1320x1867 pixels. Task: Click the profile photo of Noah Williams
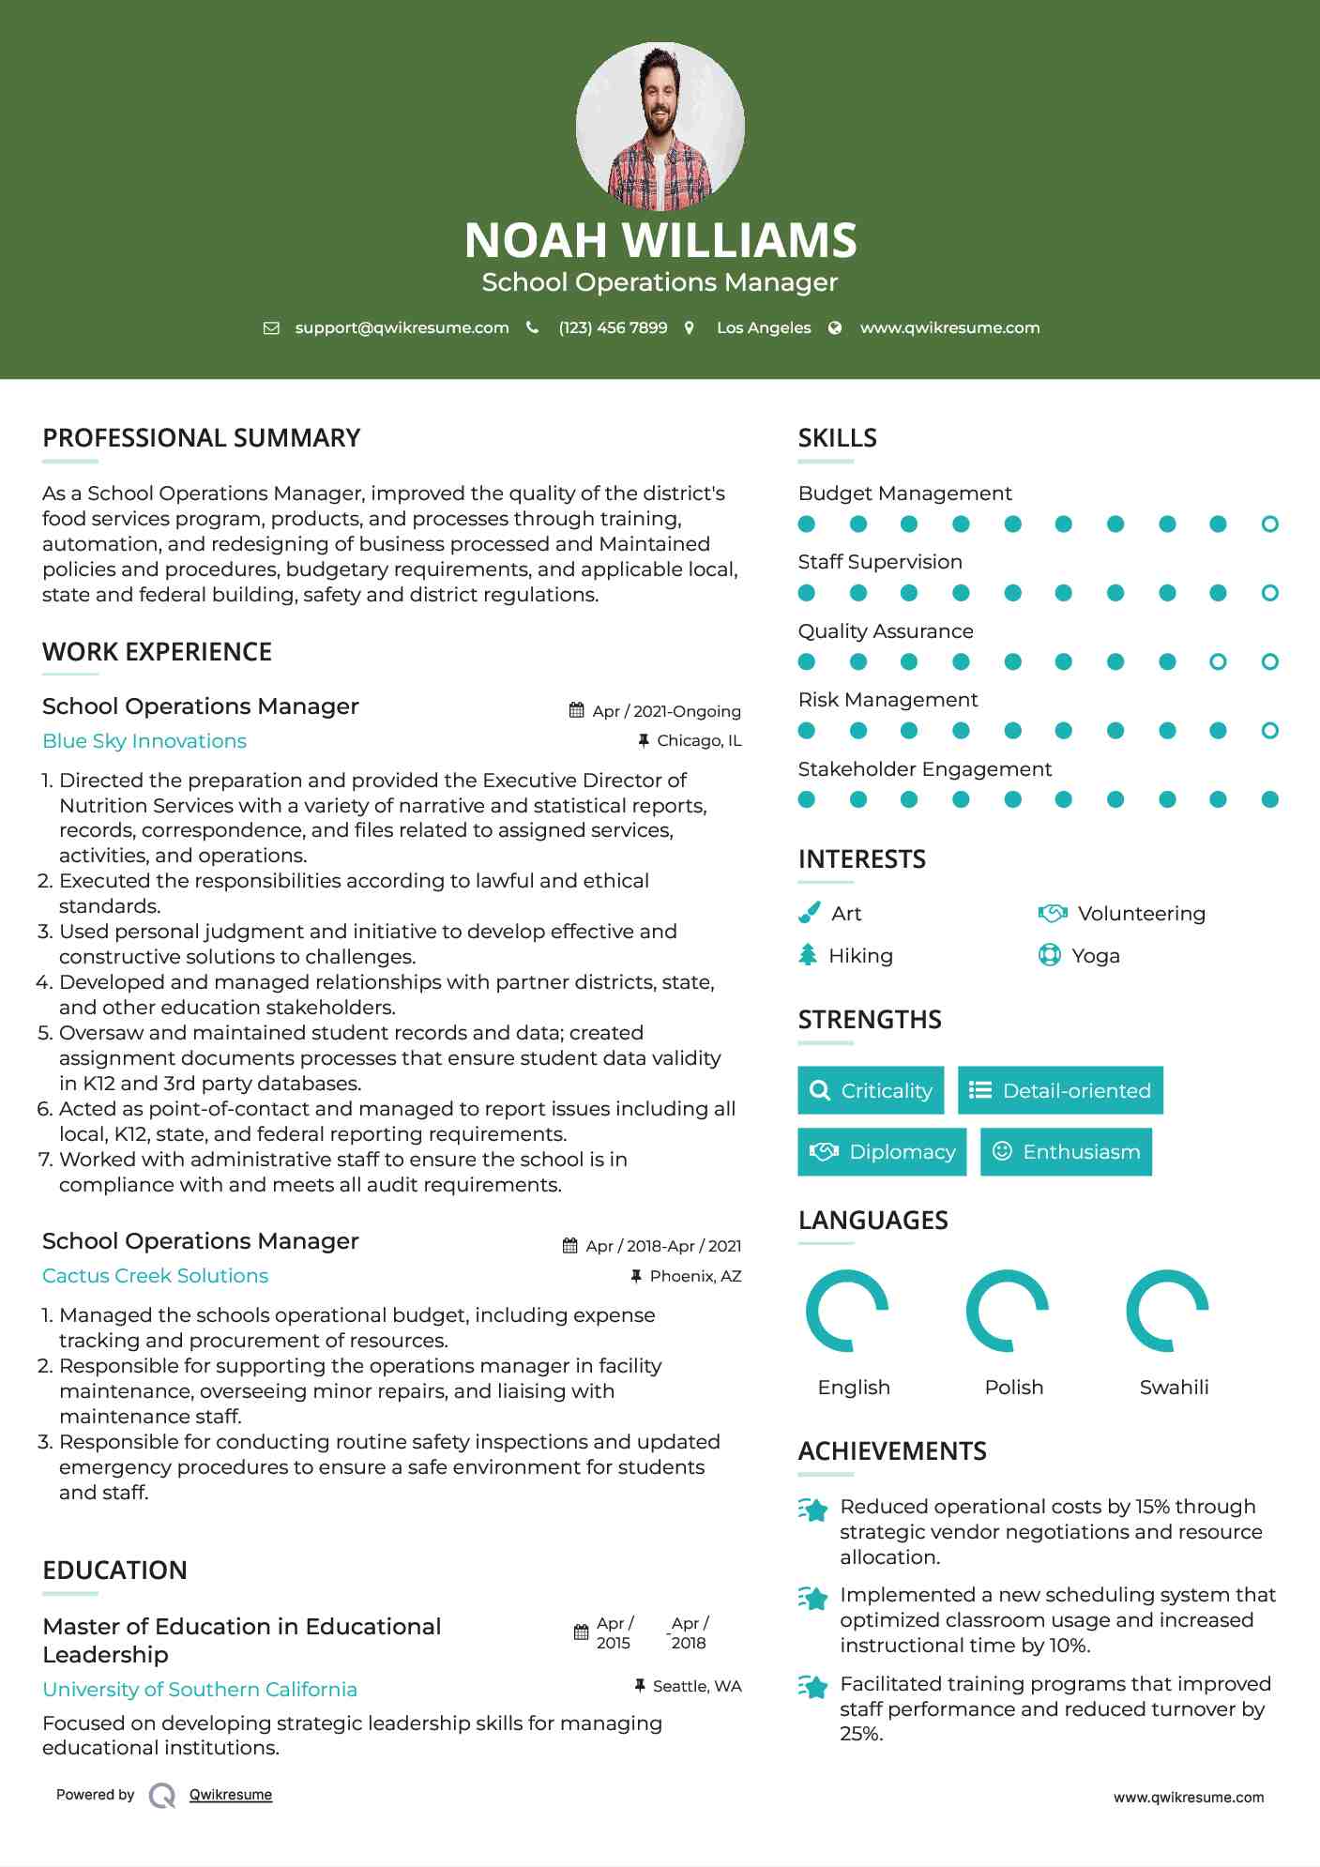click(660, 126)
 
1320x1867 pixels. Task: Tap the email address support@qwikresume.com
click(402, 327)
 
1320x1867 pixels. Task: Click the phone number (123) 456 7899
click(613, 327)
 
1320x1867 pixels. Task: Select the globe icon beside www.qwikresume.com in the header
click(835, 327)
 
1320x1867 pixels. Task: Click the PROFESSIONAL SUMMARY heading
click(202, 438)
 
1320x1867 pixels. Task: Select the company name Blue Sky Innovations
click(144, 741)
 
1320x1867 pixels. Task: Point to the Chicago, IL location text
click(699, 741)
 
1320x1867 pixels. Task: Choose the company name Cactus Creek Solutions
click(156, 1276)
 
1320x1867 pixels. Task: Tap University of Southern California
click(200, 1689)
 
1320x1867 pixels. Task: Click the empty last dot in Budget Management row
click(1269, 524)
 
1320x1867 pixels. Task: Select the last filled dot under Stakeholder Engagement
click(1269, 799)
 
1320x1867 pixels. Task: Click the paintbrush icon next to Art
click(809, 913)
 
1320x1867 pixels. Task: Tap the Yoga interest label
click(1096, 956)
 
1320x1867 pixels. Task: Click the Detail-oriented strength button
click(1060, 1090)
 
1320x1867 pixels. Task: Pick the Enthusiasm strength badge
click(1066, 1152)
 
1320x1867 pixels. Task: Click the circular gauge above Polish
click(1007, 1311)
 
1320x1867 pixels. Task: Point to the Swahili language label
click(1174, 1388)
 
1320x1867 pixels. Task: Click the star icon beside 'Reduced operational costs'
click(813, 1510)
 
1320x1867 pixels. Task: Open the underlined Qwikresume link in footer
click(231, 1795)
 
